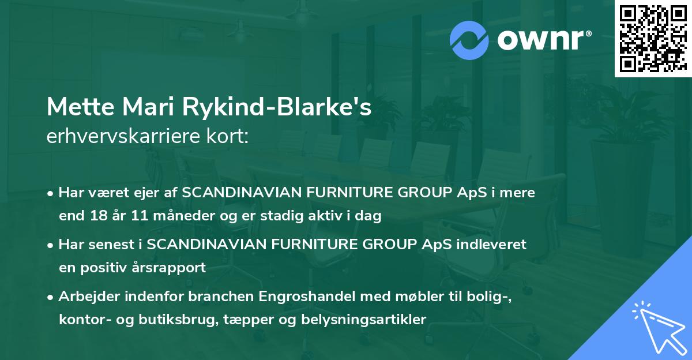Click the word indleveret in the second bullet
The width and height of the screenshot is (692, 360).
tap(492, 245)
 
